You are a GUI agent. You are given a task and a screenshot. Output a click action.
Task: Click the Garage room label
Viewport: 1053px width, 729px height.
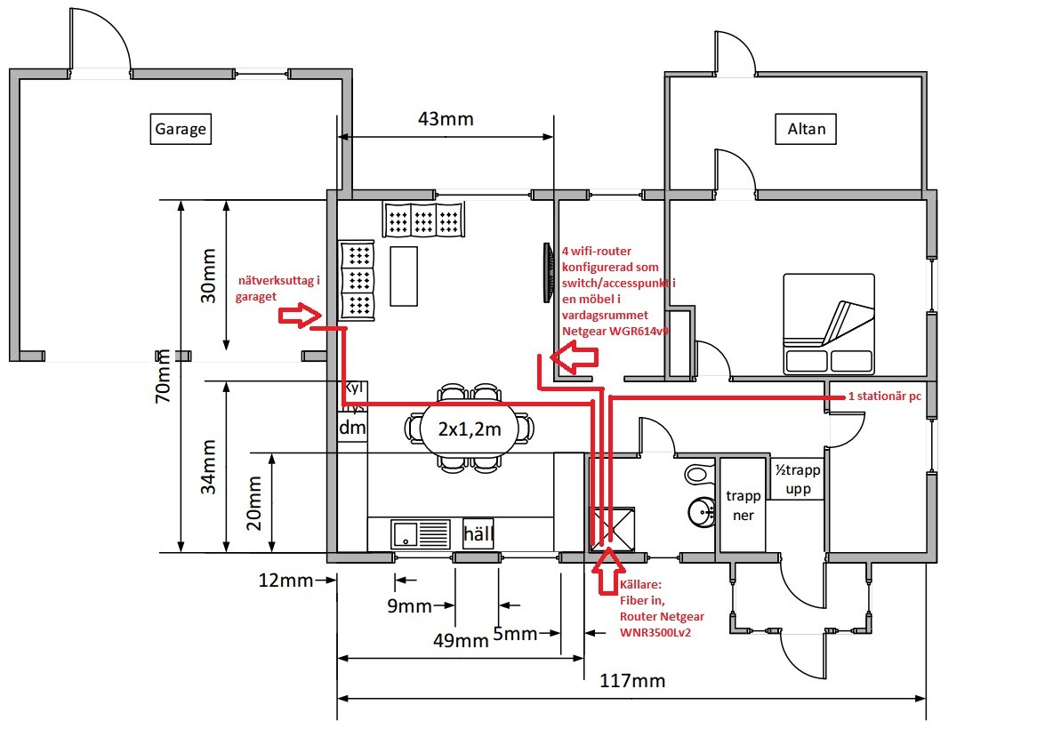181,129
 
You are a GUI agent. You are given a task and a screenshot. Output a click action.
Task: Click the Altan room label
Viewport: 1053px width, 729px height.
807,129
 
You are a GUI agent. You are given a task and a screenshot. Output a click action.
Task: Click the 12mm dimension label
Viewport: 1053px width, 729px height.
285,581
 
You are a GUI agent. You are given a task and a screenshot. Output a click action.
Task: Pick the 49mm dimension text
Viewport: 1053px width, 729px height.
461,640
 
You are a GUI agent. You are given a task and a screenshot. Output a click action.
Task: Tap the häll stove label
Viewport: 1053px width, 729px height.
478,533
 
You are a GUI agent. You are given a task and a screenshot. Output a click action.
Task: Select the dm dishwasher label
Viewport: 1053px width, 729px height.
353,428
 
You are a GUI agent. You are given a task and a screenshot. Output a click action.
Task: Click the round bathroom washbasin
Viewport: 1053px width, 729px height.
702,511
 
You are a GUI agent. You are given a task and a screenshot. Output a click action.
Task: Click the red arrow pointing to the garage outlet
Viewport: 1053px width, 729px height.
299,314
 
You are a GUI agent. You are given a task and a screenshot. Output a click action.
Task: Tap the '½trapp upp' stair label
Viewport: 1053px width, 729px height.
797,480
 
